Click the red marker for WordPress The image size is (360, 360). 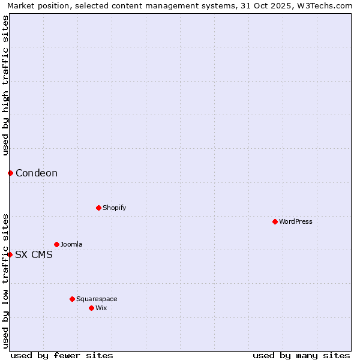click(x=275, y=221)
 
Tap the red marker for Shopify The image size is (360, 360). click(x=98, y=208)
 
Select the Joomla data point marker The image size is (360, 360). click(x=56, y=244)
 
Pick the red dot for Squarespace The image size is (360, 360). click(x=72, y=299)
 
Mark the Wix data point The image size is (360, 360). click(x=91, y=308)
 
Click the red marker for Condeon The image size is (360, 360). click(x=10, y=173)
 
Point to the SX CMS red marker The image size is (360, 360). click(x=10, y=254)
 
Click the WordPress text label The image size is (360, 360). click(x=296, y=221)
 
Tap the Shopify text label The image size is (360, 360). click(x=115, y=208)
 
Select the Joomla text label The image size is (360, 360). click(x=71, y=244)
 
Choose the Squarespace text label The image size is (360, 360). click(x=97, y=299)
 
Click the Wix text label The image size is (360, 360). click(x=101, y=308)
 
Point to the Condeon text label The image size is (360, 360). click(x=37, y=173)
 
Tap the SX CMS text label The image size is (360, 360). click(x=34, y=254)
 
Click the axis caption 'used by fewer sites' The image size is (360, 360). click(x=62, y=355)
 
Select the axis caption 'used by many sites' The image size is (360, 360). click(x=301, y=355)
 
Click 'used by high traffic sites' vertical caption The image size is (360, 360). click(x=5, y=85)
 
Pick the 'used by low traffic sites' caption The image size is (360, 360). click(x=5, y=281)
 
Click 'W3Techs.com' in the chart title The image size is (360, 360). click(x=326, y=5)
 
